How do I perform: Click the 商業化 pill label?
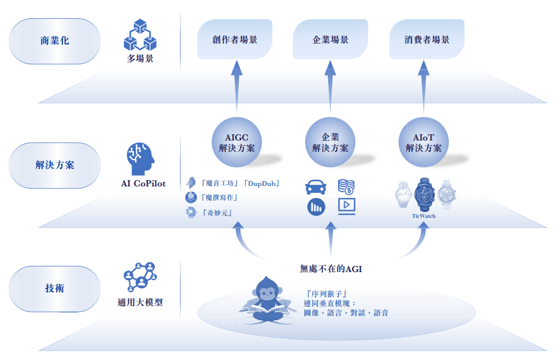[x=55, y=41]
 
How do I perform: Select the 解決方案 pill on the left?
[x=55, y=165]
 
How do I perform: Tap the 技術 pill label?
[x=55, y=288]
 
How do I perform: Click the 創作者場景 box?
[x=235, y=39]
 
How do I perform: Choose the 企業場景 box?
[x=330, y=39]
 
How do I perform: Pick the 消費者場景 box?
[x=426, y=39]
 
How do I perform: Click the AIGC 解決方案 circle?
[x=237, y=143]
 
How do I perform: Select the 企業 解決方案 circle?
[x=330, y=143]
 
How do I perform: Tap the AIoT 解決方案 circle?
[x=424, y=143]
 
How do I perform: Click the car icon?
[x=316, y=187]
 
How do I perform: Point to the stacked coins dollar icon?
[x=346, y=186]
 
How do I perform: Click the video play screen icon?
[x=346, y=206]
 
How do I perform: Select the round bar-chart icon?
[x=316, y=207]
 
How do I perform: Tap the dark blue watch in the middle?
[x=424, y=194]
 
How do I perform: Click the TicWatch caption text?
[x=424, y=216]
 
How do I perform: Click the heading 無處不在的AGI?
[x=331, y=269]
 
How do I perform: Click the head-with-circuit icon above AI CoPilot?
[x=140, y=159]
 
